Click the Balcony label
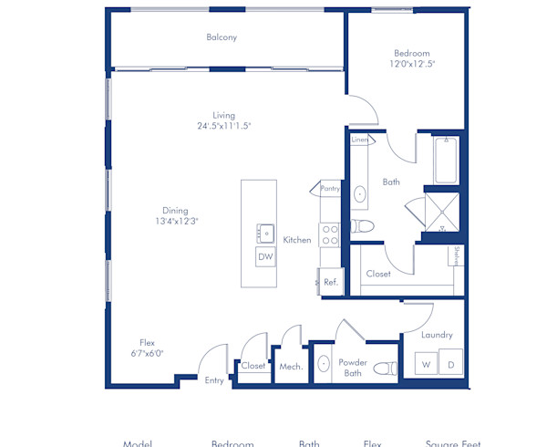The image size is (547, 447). pos(222,37)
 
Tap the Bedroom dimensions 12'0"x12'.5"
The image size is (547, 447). pos(411,64)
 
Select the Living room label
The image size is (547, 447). pos(224,116)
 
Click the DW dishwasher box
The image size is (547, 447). pos(265,257)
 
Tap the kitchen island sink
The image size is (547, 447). pos(266,232)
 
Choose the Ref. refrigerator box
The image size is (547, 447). pos(330,283)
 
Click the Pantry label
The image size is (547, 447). pos(330,189)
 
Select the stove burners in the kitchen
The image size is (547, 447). pos(329,235)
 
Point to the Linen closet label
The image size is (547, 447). pos(359,140)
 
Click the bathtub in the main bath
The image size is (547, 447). pos(444,161)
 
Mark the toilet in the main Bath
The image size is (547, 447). pos(362,225)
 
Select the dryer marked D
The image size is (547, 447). pos(450,365)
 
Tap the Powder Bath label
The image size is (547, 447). pos(354,367)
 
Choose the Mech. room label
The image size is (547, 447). pos(291,367)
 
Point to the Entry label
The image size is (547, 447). pos(214,380)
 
